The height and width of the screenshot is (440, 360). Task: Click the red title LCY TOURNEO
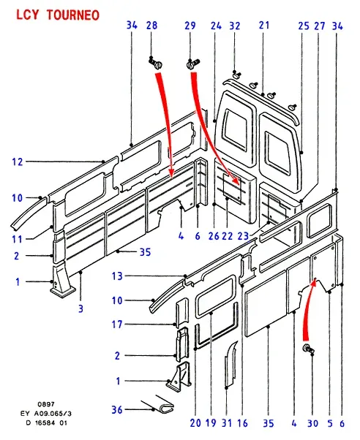tap(58, 15)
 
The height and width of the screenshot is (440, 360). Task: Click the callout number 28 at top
tap(151, 26)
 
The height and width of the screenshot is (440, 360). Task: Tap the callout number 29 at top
tap(190, 26)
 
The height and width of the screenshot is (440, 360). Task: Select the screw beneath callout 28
tap(155, 63)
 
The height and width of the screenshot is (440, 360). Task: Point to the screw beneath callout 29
tap(192, 64)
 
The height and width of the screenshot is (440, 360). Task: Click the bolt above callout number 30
tap(308, 349)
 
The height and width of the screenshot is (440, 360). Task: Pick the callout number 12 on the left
tap(17, 162)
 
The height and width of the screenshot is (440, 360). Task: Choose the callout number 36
tap(117, 410)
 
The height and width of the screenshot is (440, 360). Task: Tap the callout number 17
tap(117, 325)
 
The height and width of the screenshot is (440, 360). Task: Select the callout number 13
tap(117, 276)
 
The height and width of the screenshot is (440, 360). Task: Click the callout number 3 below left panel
tap(80, 308)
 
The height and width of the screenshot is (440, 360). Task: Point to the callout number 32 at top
tap(235, 26)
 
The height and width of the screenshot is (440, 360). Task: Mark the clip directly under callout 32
tap(236, 75)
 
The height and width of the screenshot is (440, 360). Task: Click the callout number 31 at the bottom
tap(227, 423)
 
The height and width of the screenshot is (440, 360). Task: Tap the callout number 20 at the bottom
tap(195, 423)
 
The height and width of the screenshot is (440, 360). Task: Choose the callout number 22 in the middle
tap(227, 236)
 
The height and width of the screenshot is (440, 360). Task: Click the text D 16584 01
tap(47, 422)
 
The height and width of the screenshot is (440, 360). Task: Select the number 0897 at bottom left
tap(46, 404)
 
